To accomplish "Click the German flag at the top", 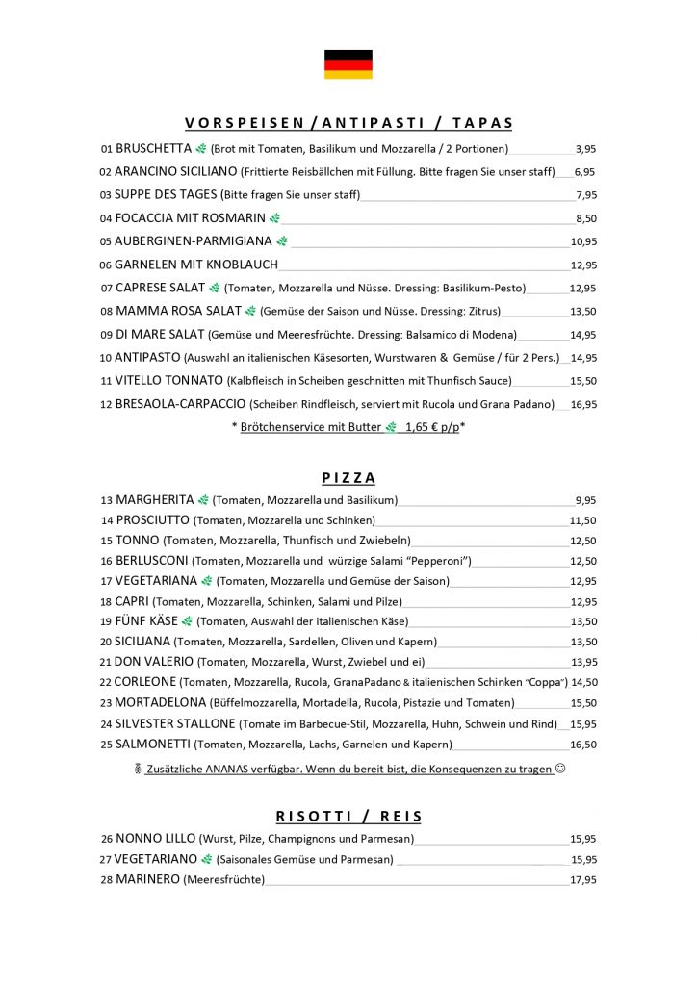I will click(x=348, y=64).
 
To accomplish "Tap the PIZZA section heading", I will click(x=348, y=478).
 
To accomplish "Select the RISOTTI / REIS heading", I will click(x=348, y=817).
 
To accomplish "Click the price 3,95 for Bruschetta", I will click(x=585, y=149).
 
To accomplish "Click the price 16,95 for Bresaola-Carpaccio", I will click(x=583, y=405).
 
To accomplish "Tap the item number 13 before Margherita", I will click(x=106, y=500).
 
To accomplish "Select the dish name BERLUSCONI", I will click(x=152, y=561).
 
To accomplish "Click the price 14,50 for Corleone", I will click(x=583, y=682).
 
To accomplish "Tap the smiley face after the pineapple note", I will click(x=560, y=770).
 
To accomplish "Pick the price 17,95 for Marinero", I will click(x=583, y=879).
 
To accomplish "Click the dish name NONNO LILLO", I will click(x=155, y=839).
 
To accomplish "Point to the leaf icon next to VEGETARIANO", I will click(x=206, y=859).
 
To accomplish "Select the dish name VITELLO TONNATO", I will click(x=168, y=381).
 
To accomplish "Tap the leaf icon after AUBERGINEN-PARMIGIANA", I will click(x=281, y=241).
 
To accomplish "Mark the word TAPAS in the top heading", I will click(x=482, y=123).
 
